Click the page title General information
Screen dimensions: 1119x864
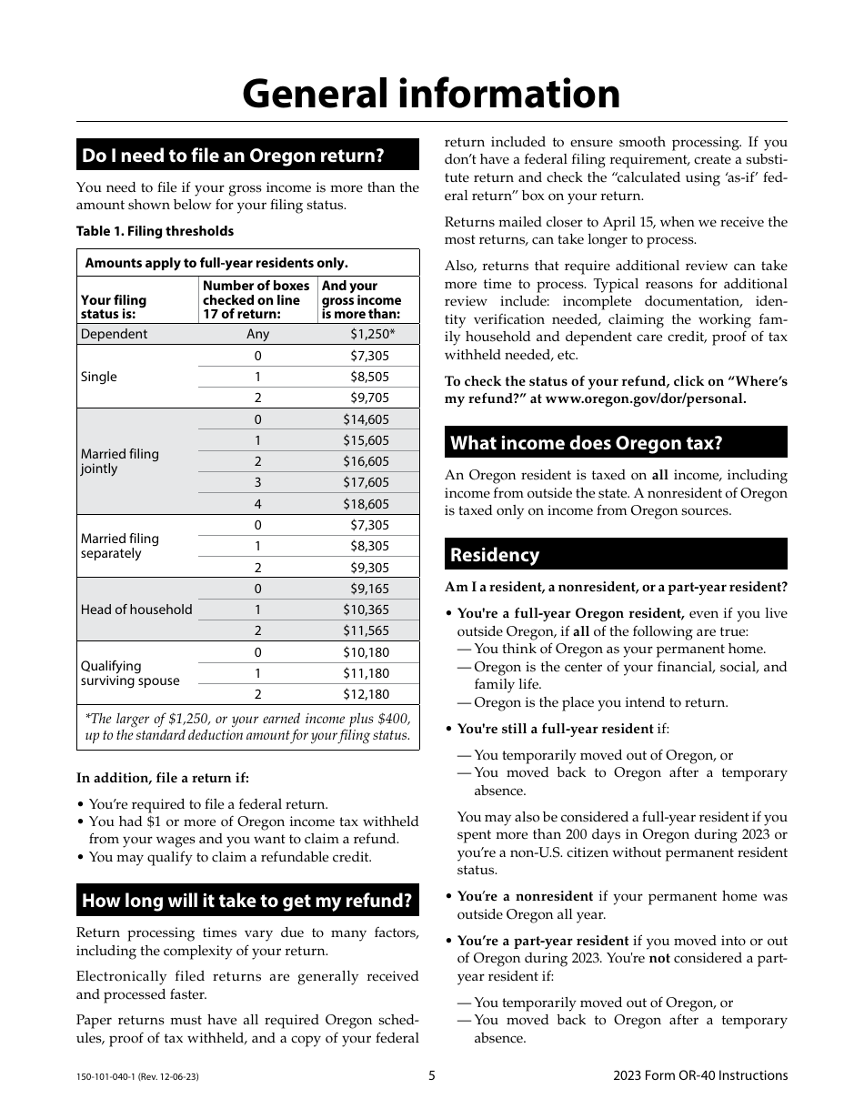point(431,94)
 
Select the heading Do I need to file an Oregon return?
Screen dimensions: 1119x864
point(234,156)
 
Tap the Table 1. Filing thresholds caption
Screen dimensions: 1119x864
point(155,231)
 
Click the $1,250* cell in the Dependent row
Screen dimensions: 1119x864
point(373,334)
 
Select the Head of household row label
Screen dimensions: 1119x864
point(136,610)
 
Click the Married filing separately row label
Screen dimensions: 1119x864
point(119,546)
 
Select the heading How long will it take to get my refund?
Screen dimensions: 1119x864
point(247,901)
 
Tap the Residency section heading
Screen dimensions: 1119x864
point(495,555)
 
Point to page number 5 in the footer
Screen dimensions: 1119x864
point(432,1075)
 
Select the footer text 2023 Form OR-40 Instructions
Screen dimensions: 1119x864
point(700,1075)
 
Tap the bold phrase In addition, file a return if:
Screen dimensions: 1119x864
point(163,778)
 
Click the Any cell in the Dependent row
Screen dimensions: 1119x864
point(258,334)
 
